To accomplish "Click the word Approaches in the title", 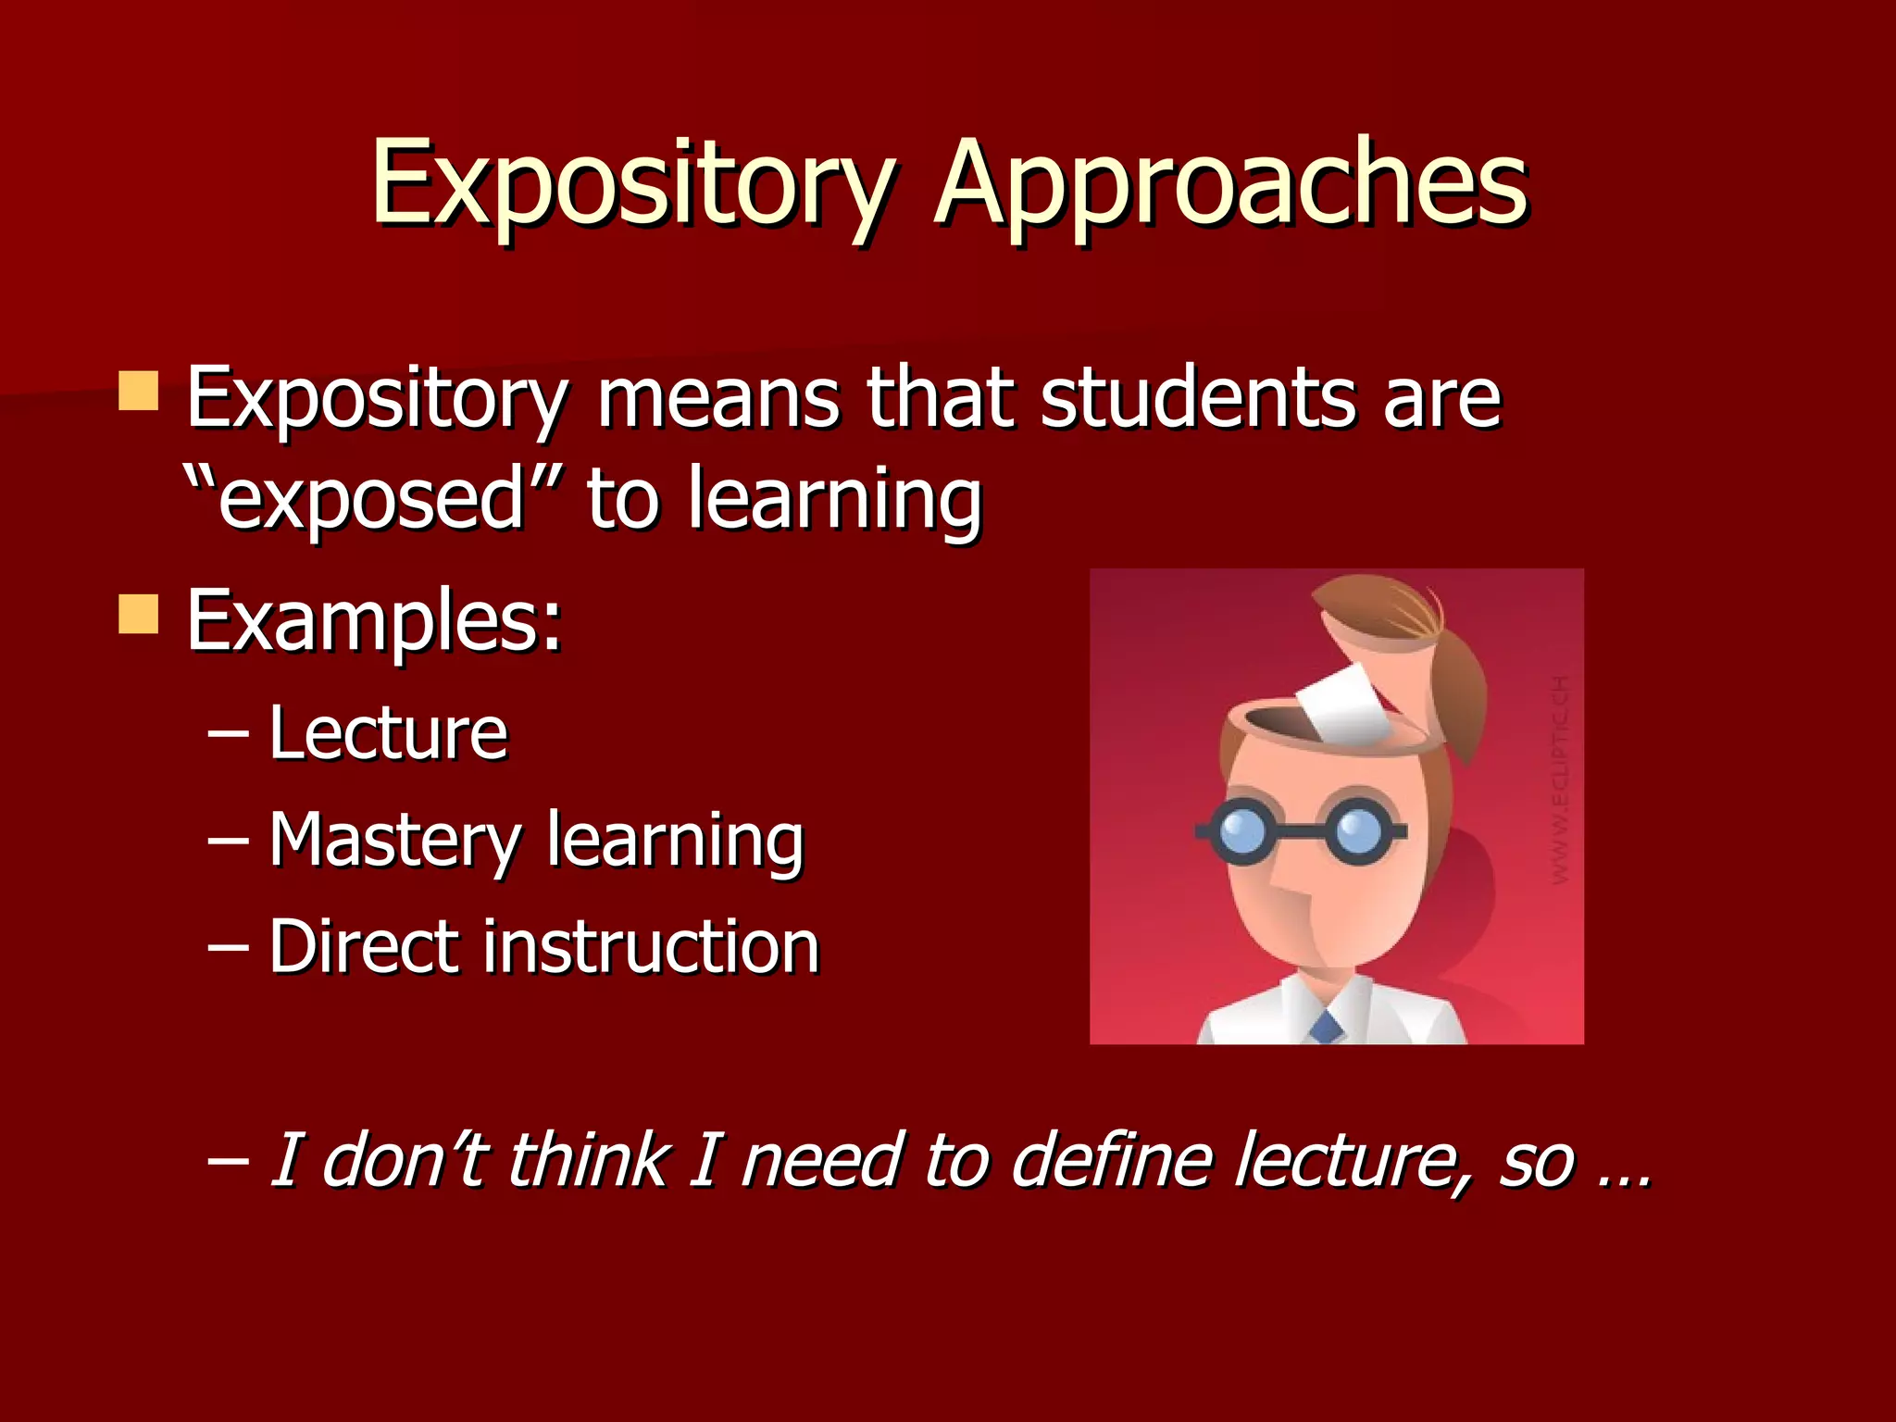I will (1231, 185).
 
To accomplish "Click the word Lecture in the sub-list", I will (389, 733).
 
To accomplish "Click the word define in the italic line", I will (1111, 1159).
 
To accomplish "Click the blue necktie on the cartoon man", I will (1327, 1026).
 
